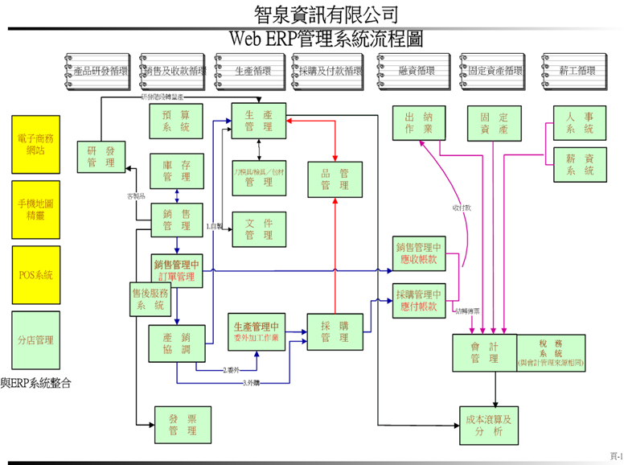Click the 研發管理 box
(101, 157)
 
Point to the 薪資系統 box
(579, 165)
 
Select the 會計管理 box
(484, 352)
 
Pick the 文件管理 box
(258, 228)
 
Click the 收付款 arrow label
(462, 208)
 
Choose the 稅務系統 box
(552, 352)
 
